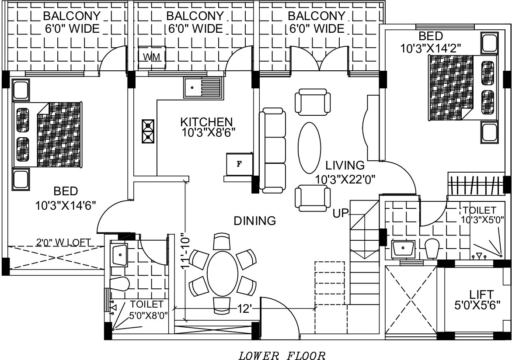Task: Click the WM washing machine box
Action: (x=152, y=57)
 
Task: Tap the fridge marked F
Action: (x=239, y=164)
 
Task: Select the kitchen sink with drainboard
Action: (x=203, y=88)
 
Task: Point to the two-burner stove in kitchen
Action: (x=148, y=131)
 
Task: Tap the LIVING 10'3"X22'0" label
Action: (x=345, y=172)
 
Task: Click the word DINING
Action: (x=255, y=221)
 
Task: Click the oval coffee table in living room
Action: (x=309, y=148)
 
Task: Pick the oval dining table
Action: (x=223, y=274)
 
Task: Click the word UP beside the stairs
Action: (x=341, y=214)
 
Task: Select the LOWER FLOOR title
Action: (x=282, y=356)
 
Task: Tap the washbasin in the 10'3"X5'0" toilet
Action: (x=403, y=249)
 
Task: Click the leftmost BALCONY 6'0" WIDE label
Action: (x=72, y=22)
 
